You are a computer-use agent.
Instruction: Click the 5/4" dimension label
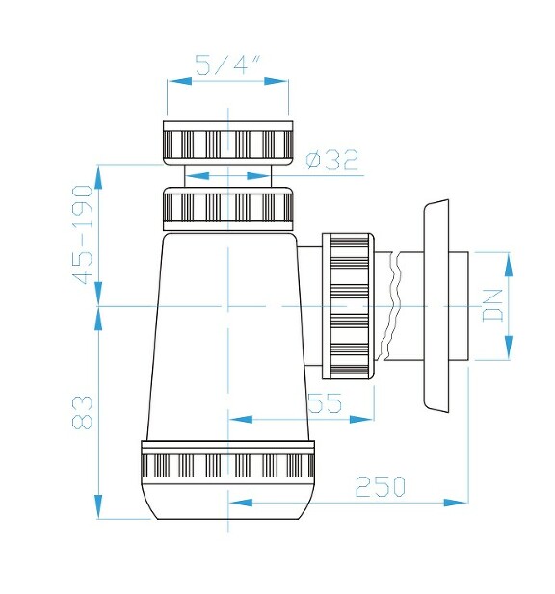228,65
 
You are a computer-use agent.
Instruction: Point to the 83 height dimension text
85,412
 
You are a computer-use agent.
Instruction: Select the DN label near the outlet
494,306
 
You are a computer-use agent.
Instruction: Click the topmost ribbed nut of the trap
228,142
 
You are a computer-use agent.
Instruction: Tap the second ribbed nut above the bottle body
228,208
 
